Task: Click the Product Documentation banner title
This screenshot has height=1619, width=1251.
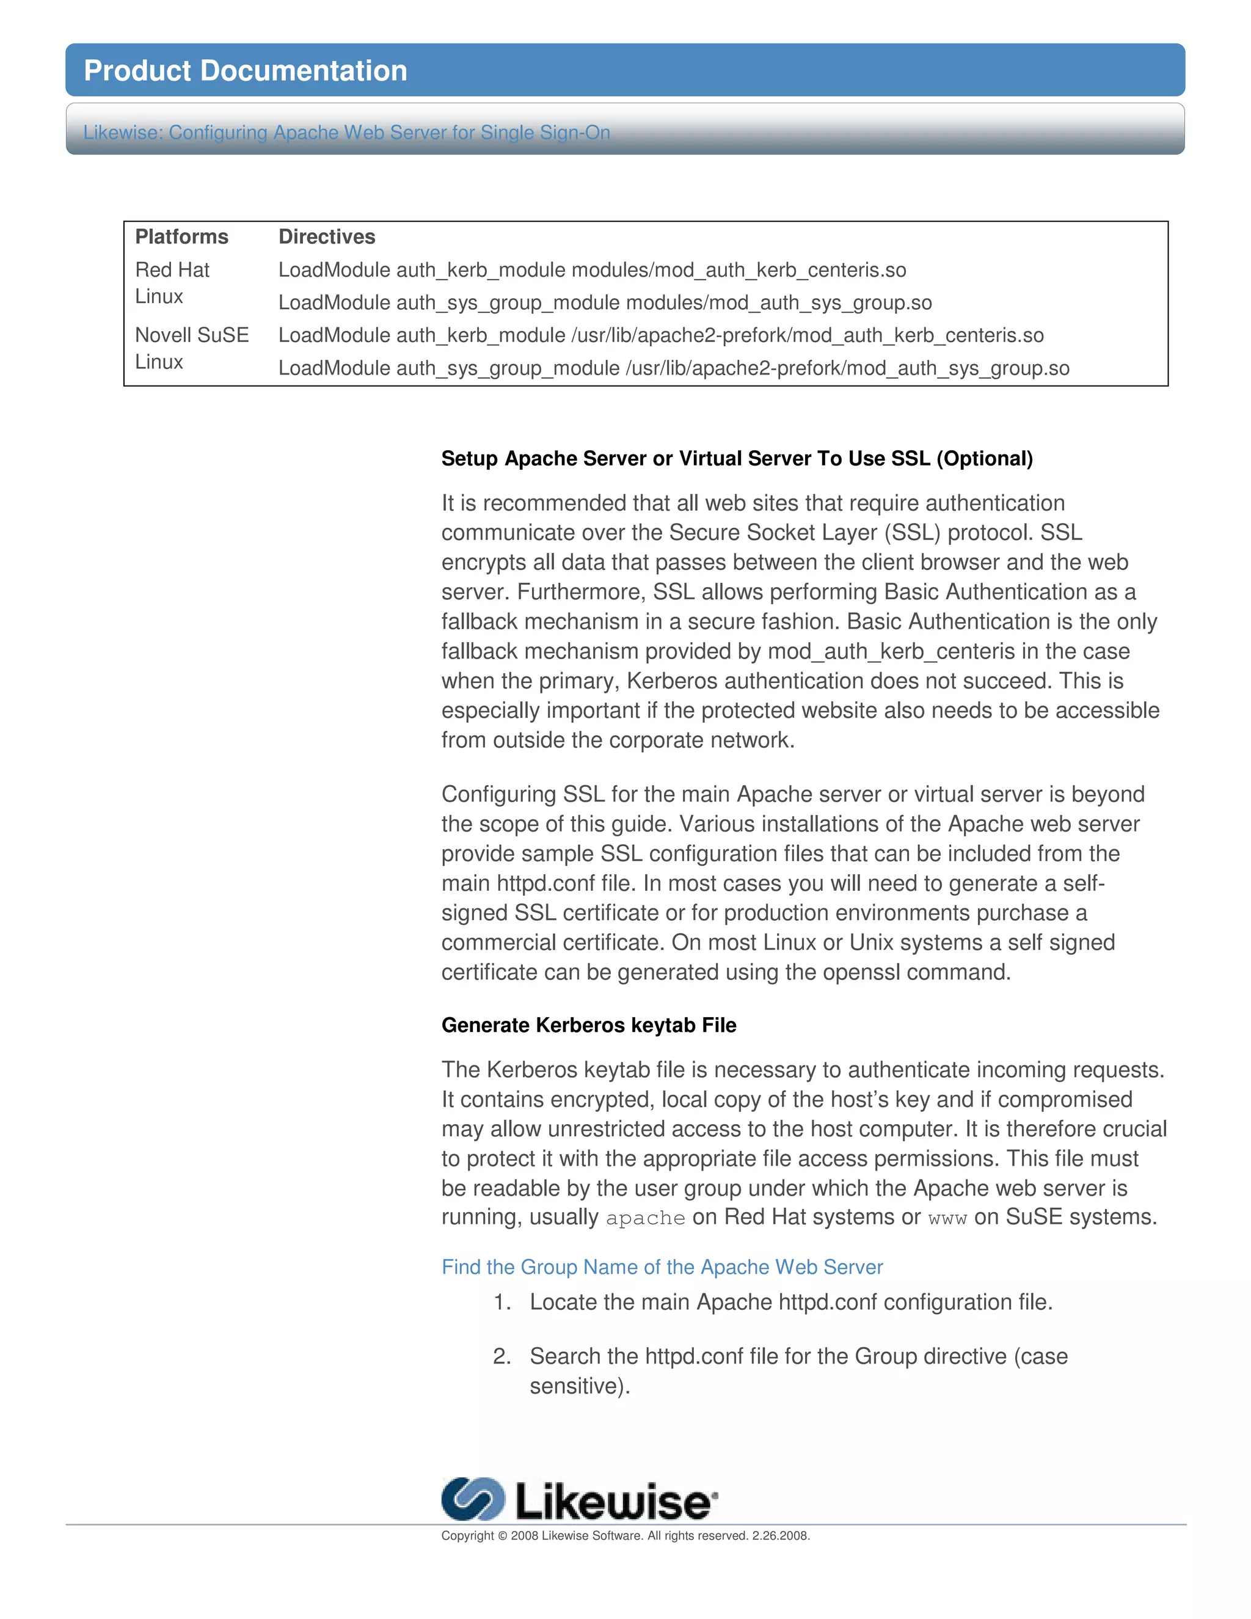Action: click(x=246, y=70)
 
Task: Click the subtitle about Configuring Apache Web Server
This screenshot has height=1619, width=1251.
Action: click(x=346, y=132)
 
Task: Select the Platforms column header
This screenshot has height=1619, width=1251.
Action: click(x=181, y=236)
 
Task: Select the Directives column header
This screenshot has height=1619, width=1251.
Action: click(x=327, y=236)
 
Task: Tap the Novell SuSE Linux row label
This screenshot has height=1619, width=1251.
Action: click(x=191, y=348)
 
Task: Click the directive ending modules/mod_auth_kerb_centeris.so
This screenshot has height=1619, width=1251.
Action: click(x=591, y=270)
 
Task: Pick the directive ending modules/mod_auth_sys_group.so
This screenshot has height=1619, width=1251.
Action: click(x=605, y=302)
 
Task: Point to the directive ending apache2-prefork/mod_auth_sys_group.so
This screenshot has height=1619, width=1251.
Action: click(x=673, y=368)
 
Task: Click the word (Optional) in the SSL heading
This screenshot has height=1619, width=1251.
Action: click(x=984, y=458)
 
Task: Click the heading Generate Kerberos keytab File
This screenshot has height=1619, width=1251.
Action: click(x=588, y=1025)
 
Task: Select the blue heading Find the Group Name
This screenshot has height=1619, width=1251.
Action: click(x=661, y=1267)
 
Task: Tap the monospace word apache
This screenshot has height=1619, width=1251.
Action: click(x=645, y=1218)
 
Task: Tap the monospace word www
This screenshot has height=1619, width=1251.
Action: click(x=947, y=1218)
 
